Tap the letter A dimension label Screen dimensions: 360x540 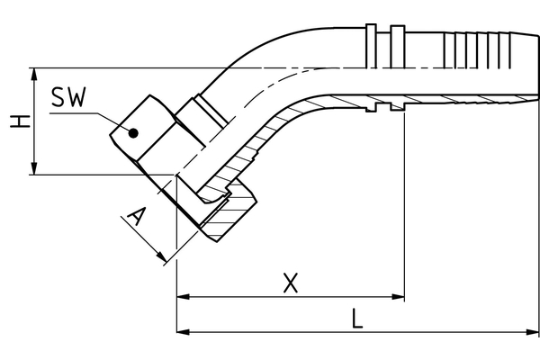[x=136, y=217]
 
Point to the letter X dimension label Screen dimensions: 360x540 [x=290, y=283]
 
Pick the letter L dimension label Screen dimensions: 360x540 [x=357, y=319]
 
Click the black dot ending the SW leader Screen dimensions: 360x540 [x=132, y=134]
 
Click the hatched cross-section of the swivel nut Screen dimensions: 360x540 [x=232, y=216]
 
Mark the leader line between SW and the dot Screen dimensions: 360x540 [x=110, y=121]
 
